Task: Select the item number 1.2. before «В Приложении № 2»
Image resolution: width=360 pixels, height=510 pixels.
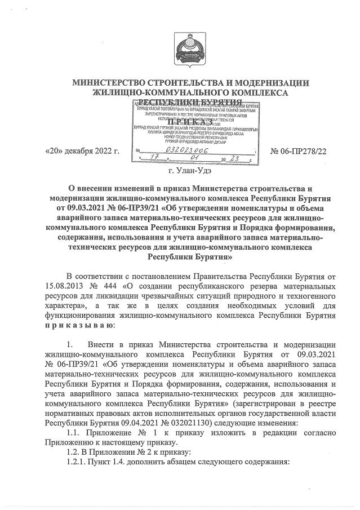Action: [x=74, y=452]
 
